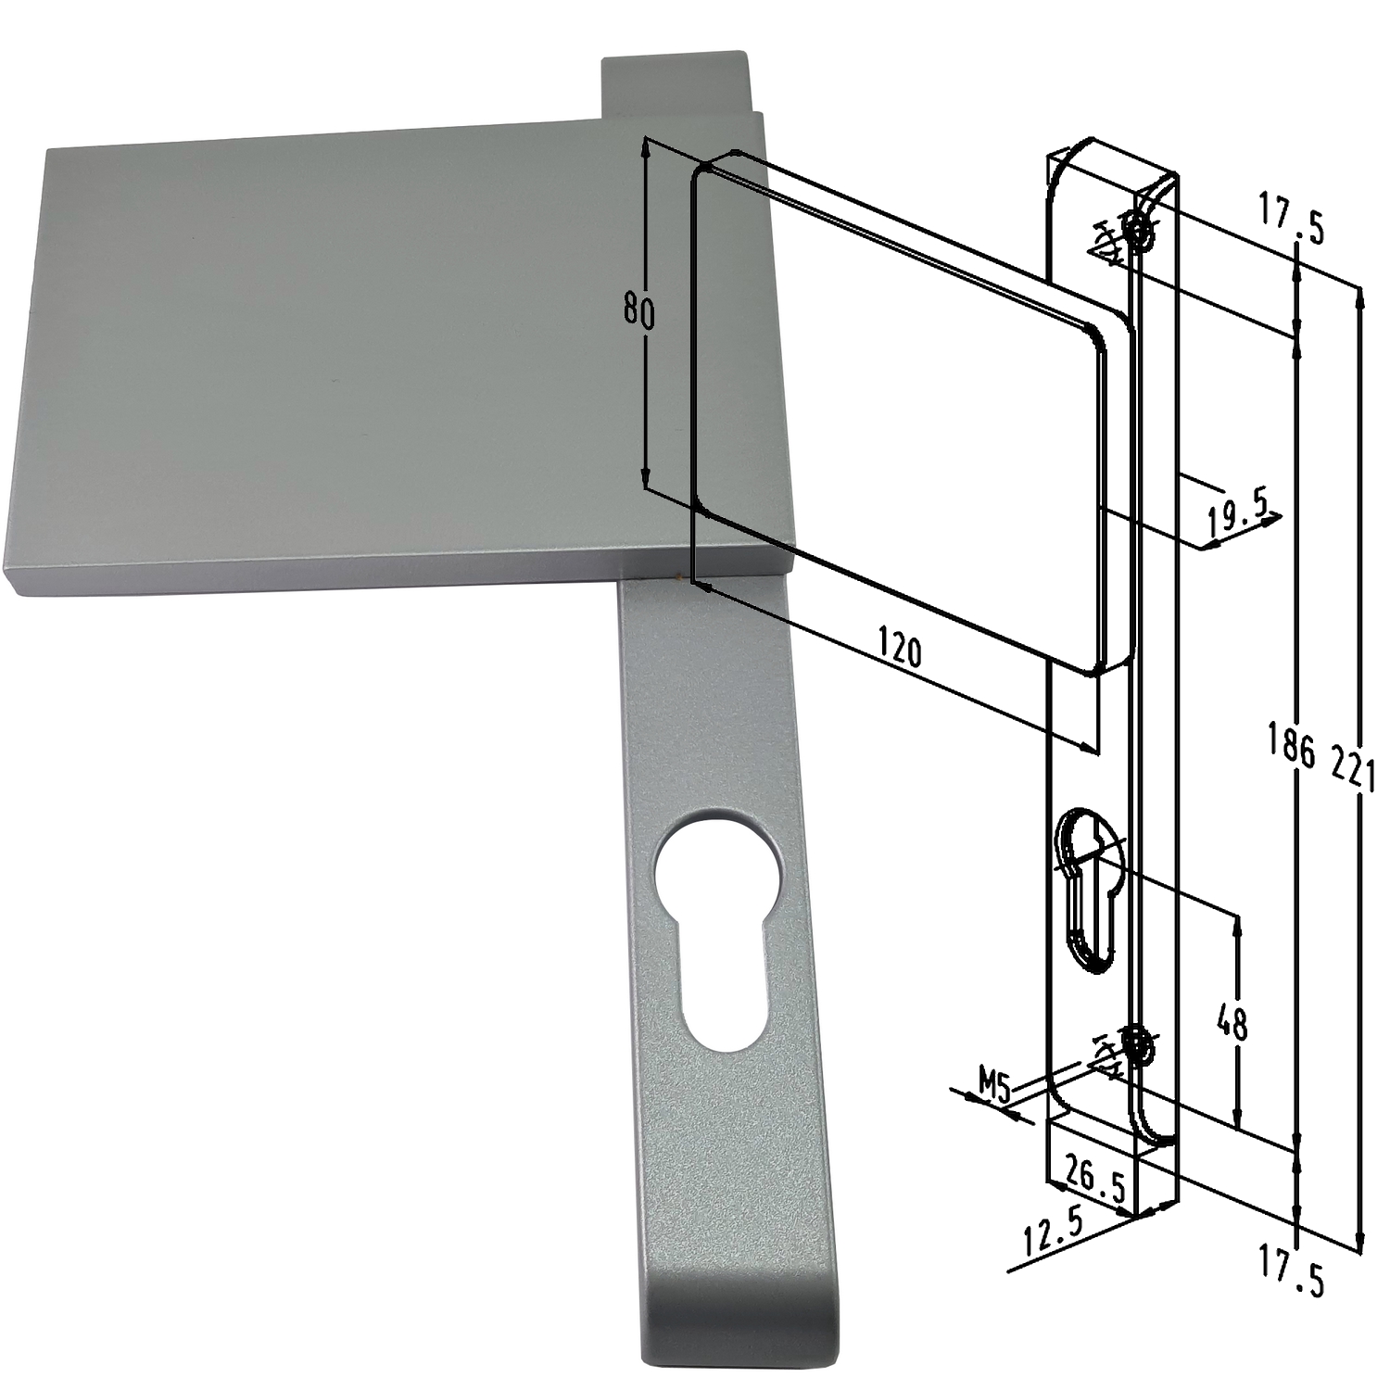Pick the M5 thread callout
click(x=994, y=1084)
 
